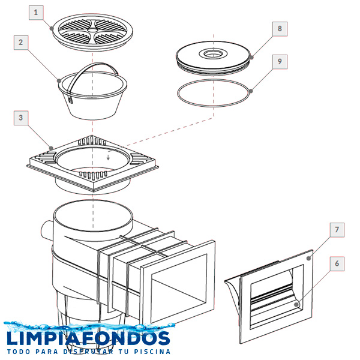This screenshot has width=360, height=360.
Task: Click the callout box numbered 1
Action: pyautogui.click(x=36, y=13)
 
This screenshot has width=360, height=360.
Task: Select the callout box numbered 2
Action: pyautogui.click(x=21, y=43)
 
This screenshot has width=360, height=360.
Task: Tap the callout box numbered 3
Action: pyautogui.click(x=21, y=118)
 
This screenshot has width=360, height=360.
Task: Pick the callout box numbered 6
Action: pyautogui.click(x=337, y=264)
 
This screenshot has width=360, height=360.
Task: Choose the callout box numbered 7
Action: pyautogui.click(x=337, y=230)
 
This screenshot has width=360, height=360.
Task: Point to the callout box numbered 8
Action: pyautogui.click(x=280, y=29)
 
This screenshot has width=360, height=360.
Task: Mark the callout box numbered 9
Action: pyautogui.click(x=280, y=62)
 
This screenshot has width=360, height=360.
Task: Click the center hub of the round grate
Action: pyautogui.click(x=93, y=30)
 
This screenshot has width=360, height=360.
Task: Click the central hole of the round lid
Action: pyautogui.click(x=213, y=55)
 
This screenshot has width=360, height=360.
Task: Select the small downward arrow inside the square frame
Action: pyautogui.click(x=108, y=157)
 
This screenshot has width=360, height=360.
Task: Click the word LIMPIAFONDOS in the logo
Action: pyautogui.click(x=88, y=338)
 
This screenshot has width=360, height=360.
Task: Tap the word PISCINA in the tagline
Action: pyautogui.click(x=152, y=352)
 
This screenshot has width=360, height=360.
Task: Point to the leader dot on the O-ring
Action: pyautogui.click(x=251, y=91)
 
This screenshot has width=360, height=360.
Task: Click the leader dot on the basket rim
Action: pyautogui.click(x=59, y=81)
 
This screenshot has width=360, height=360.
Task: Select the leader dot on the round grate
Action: pyautogui.click(x=52, y=28)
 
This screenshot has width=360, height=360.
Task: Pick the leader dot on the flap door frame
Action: pyautogui.click(x=309, y=258)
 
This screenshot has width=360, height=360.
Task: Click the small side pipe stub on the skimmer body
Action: pyautogui.click(x=47, y=230)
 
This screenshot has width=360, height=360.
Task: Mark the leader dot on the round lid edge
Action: pyautogui.click(x=251, y=58)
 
